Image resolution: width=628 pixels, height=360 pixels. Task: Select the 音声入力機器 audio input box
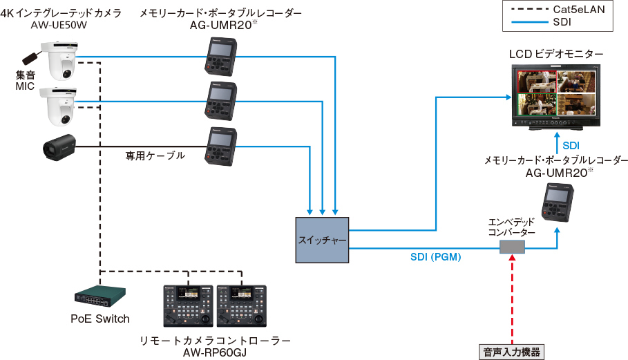(x=511, y=352)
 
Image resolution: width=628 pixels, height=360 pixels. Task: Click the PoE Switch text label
(x=100, y=319)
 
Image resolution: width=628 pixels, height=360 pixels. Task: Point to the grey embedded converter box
(x=512, y=246)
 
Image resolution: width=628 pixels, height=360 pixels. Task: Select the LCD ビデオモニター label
(x=555, y=54)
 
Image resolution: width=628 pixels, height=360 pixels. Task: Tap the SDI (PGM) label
(x=435, y=257)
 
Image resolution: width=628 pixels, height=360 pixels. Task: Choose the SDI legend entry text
(x=562, y=23)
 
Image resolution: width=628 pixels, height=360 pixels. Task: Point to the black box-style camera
(x=59, y=146)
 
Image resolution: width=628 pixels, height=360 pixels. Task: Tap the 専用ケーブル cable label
(x=155, y=156)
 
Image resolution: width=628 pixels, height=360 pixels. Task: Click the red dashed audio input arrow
(x=512, y=297)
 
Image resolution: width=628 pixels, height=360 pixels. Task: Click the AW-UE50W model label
(x=61, y=26)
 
